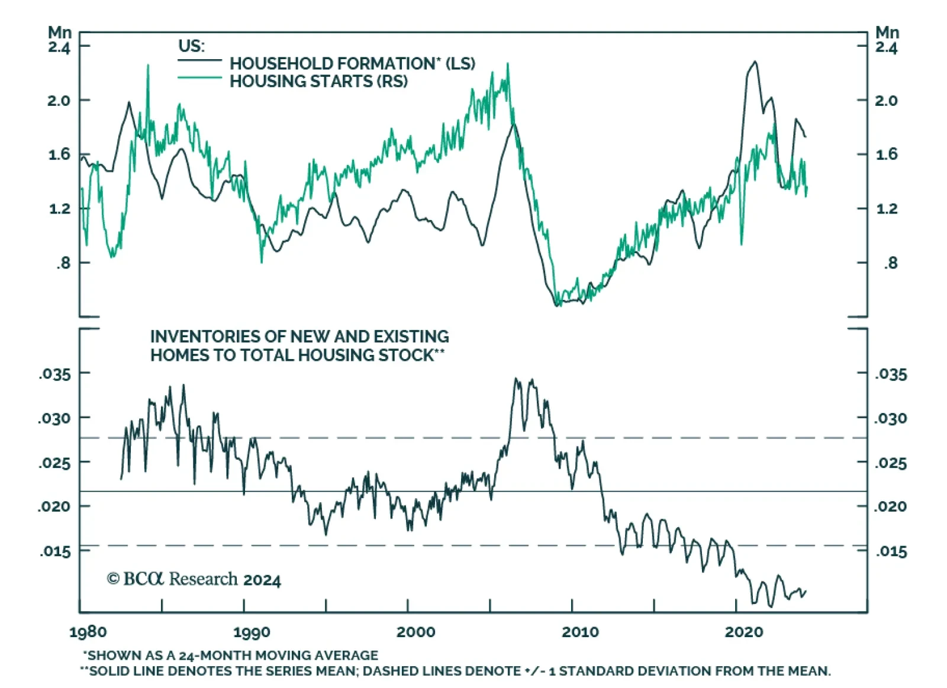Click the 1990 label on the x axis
252,632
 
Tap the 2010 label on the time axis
580,632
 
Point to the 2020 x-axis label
744,632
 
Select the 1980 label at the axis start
88,632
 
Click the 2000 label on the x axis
415,632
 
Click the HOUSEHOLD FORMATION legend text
352,63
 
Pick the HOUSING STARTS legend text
318,81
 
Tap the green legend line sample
199,77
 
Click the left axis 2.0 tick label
59,101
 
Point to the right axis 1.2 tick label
886,209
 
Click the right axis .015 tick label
891,551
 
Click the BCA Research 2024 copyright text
194,579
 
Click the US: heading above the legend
191,46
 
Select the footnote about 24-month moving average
230,655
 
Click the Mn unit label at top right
887,33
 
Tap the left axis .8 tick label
63,263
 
